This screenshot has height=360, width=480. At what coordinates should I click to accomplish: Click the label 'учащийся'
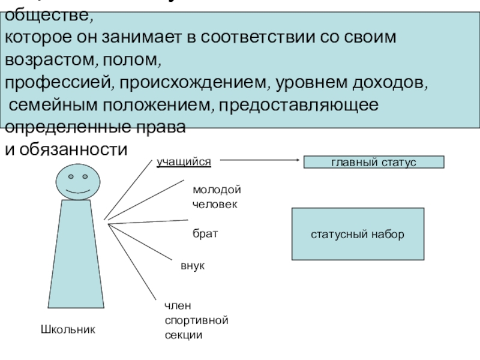[184, 161]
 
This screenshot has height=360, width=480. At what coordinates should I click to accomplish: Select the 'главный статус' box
[374, 162]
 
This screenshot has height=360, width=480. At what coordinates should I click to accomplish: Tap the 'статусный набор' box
[358, 233]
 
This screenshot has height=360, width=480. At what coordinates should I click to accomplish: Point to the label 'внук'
[193, 265]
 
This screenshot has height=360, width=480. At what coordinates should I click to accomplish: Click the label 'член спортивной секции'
[196, 320]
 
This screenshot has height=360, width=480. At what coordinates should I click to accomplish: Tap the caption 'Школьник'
[68, 329]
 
